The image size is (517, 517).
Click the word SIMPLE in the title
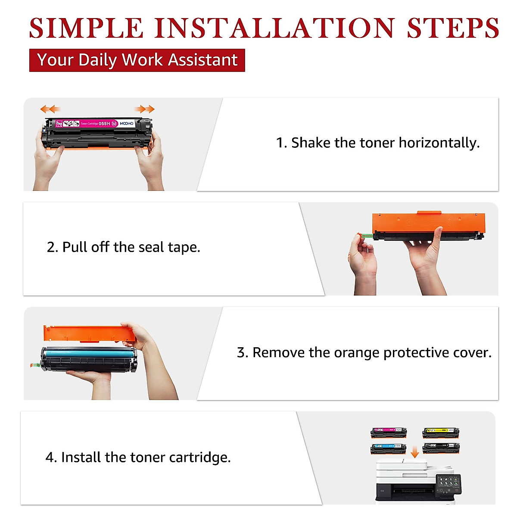tap(86, 28)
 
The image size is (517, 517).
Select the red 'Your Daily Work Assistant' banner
tap(137, 60)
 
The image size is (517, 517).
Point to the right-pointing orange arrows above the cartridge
tap(145, 109)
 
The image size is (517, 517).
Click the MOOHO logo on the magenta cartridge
tap(127, 124)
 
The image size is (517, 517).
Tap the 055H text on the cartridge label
tap(104, 124)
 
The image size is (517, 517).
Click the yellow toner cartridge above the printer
tap(441, 432)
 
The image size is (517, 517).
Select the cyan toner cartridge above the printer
tap(388, 448)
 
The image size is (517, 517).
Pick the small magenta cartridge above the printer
tap(389, 432)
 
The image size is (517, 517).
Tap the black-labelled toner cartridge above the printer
tap(441, 448)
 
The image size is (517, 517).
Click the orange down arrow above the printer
tap(414, 453)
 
